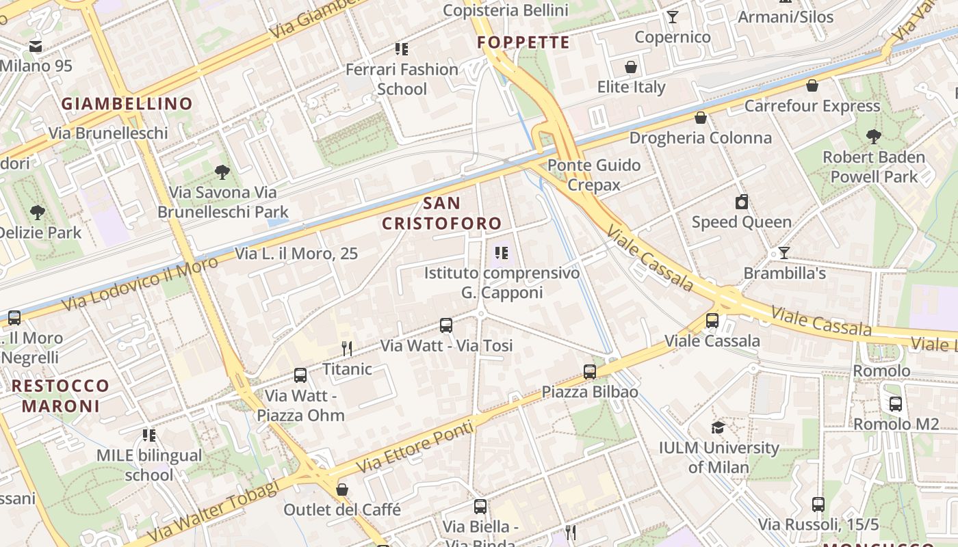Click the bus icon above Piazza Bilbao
[x=590, y=372]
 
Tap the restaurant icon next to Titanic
[x=347, y=349]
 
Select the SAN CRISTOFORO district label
[x=441, y=213]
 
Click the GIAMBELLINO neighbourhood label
[x=127, y=104]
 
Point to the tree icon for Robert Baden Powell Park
[x=873, y=137]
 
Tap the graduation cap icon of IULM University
[x=718, y=427]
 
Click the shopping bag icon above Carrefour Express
[x=812, y=85]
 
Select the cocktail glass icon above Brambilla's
[x=784, y=253]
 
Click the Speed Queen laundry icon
[x=741, y=202]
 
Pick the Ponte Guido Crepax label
[x=594, y=175]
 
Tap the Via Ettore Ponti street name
[x=415, y=447]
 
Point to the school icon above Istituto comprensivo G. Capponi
[x=502, y=253]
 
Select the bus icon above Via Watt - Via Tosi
[x=446, y=325]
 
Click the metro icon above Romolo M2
[x=896, y=403]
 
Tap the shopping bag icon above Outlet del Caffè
[x=342, y=490]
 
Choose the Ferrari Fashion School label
[x=402, y=79]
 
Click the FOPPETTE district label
[x=523, y=42]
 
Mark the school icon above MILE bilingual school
[x=148, y=435]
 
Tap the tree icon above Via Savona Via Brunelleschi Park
[x=222, y=172]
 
